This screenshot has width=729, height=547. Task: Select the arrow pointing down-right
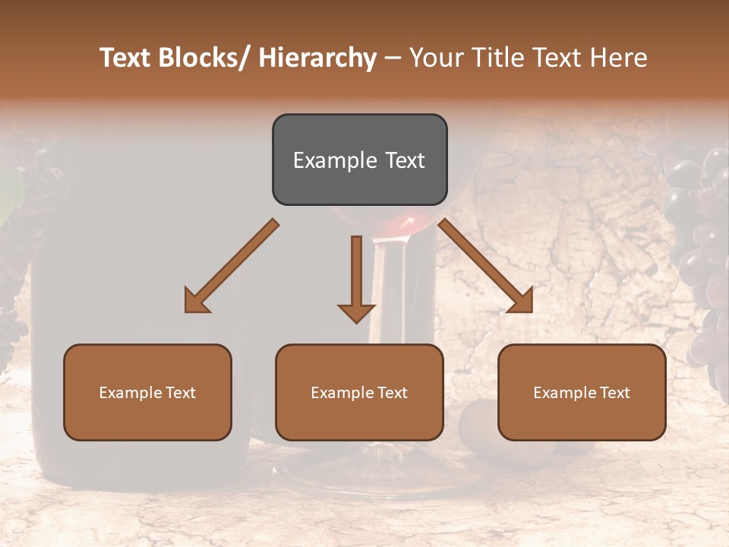tap(486, 267)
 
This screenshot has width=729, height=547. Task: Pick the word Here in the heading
tap(620, 58)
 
